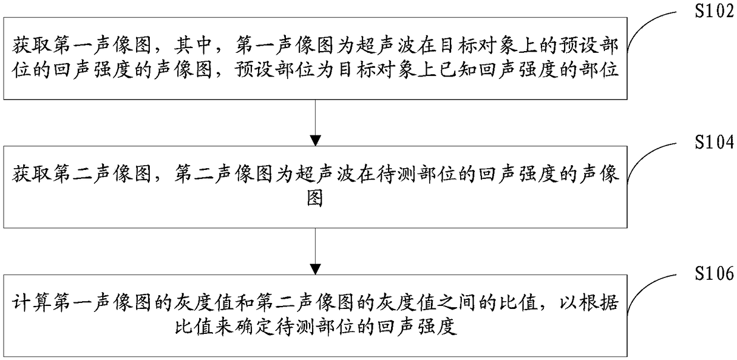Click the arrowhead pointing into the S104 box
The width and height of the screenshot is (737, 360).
pos(315,140)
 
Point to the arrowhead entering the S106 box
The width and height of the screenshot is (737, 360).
pos(315,269)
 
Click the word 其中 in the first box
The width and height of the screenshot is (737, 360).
pos(192,45)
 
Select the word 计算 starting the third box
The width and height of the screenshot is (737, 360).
pos(32,302)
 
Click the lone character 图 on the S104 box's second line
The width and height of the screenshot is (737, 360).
pos(315,198)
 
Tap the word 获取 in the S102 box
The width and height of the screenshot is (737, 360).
pos(32,45)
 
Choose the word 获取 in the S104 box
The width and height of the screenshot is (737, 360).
pos(32,173)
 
